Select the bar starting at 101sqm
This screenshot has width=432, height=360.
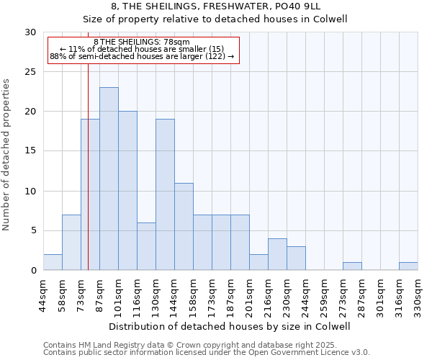[x=127, y=191]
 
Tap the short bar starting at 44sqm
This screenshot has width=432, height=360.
[x=53, y=262]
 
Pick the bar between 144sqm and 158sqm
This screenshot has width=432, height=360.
[x=184, y=226]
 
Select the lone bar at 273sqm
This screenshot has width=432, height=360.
[x=352, y=266]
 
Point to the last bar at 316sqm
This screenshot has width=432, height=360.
[x=408, y=266]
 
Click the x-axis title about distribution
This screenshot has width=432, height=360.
[x=230, y=326]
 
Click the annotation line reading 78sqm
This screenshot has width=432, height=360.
[x=142, y=42]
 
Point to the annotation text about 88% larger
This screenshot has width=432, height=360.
[x=142, y=56]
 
